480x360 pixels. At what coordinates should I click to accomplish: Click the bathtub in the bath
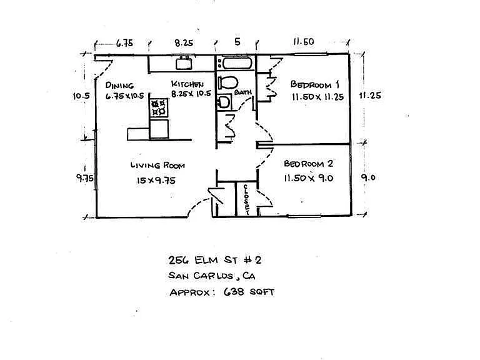(237, 63)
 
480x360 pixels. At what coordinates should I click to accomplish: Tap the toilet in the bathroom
(228, 82)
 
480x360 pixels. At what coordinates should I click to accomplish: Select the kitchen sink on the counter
(184, 62)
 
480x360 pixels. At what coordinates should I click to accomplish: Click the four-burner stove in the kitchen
(159, 107)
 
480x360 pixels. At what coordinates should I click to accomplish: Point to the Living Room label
(157, 165)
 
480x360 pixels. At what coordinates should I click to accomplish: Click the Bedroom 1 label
(315, 84)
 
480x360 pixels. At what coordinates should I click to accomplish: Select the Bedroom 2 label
(308, 164)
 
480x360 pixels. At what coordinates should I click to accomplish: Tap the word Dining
(119, 85)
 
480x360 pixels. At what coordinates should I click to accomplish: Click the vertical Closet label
(246, 199)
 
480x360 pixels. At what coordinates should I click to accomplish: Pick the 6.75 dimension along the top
(124, 43)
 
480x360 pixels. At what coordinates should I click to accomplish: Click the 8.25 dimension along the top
(184, 42)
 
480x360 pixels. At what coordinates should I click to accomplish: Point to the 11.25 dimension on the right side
(370, 96)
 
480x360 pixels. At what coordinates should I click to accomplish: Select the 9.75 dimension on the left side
(85, 178)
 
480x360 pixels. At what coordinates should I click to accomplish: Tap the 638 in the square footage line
(234, 292)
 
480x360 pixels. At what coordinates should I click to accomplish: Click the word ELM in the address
(206, 260)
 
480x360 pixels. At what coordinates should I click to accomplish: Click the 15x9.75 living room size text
(156, 181)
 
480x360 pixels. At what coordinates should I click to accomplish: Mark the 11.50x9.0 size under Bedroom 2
(309, 178)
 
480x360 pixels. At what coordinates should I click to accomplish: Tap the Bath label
(243, 92)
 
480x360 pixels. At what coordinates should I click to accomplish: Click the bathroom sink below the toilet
(224, 102)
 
